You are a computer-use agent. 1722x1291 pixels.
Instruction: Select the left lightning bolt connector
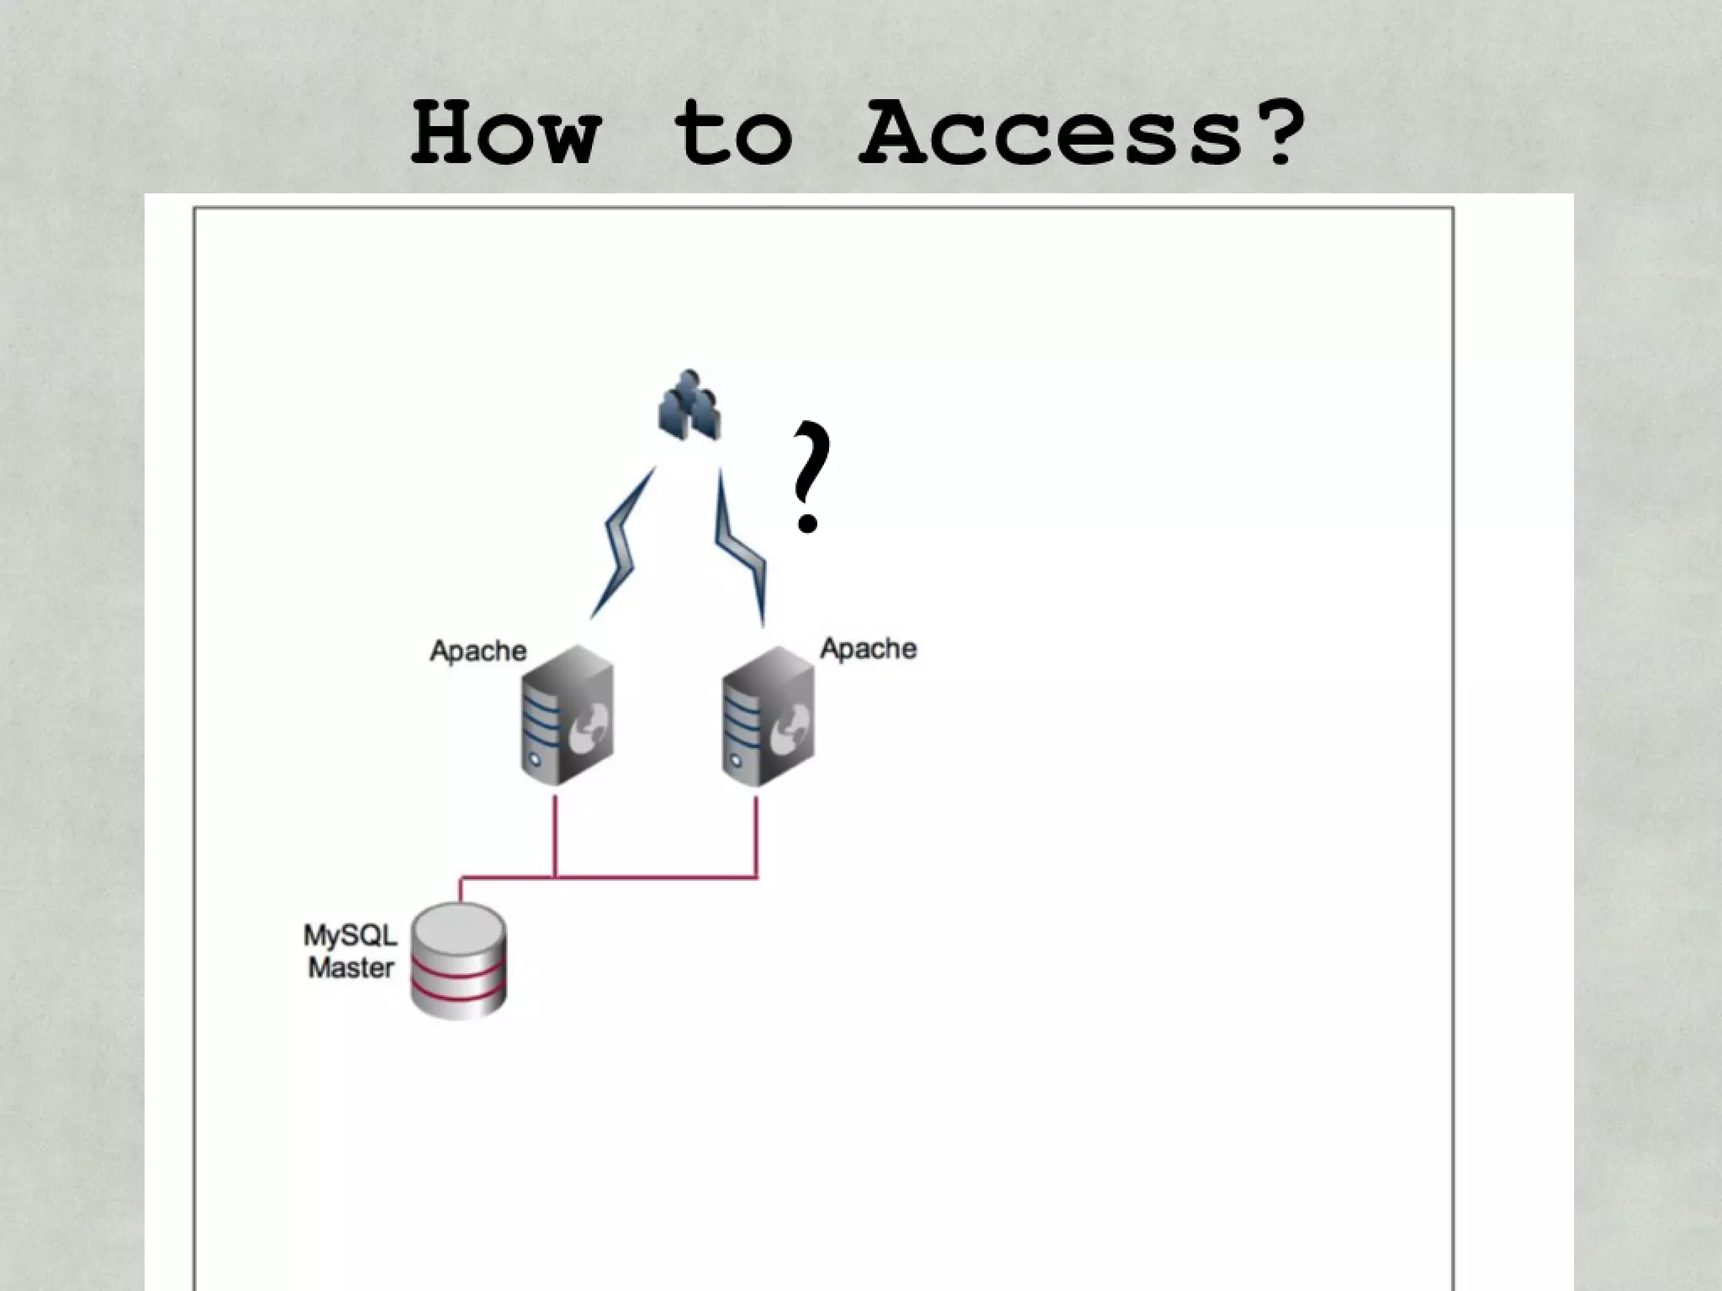(623, 545)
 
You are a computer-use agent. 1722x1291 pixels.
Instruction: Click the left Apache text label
(478, 651)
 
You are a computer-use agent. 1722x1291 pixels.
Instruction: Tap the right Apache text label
(868, 649)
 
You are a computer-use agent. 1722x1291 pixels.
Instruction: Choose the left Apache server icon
(566, 715)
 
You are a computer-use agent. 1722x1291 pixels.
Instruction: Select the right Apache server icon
(767, 715)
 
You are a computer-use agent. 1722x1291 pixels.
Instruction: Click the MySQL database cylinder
(458, 961)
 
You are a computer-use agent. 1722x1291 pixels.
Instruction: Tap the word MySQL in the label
(350, 935)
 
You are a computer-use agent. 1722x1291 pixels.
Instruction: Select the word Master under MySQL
(351, 968)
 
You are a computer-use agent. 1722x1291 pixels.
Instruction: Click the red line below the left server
(555, 835)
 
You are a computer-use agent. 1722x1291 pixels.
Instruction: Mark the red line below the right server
(756, 835)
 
